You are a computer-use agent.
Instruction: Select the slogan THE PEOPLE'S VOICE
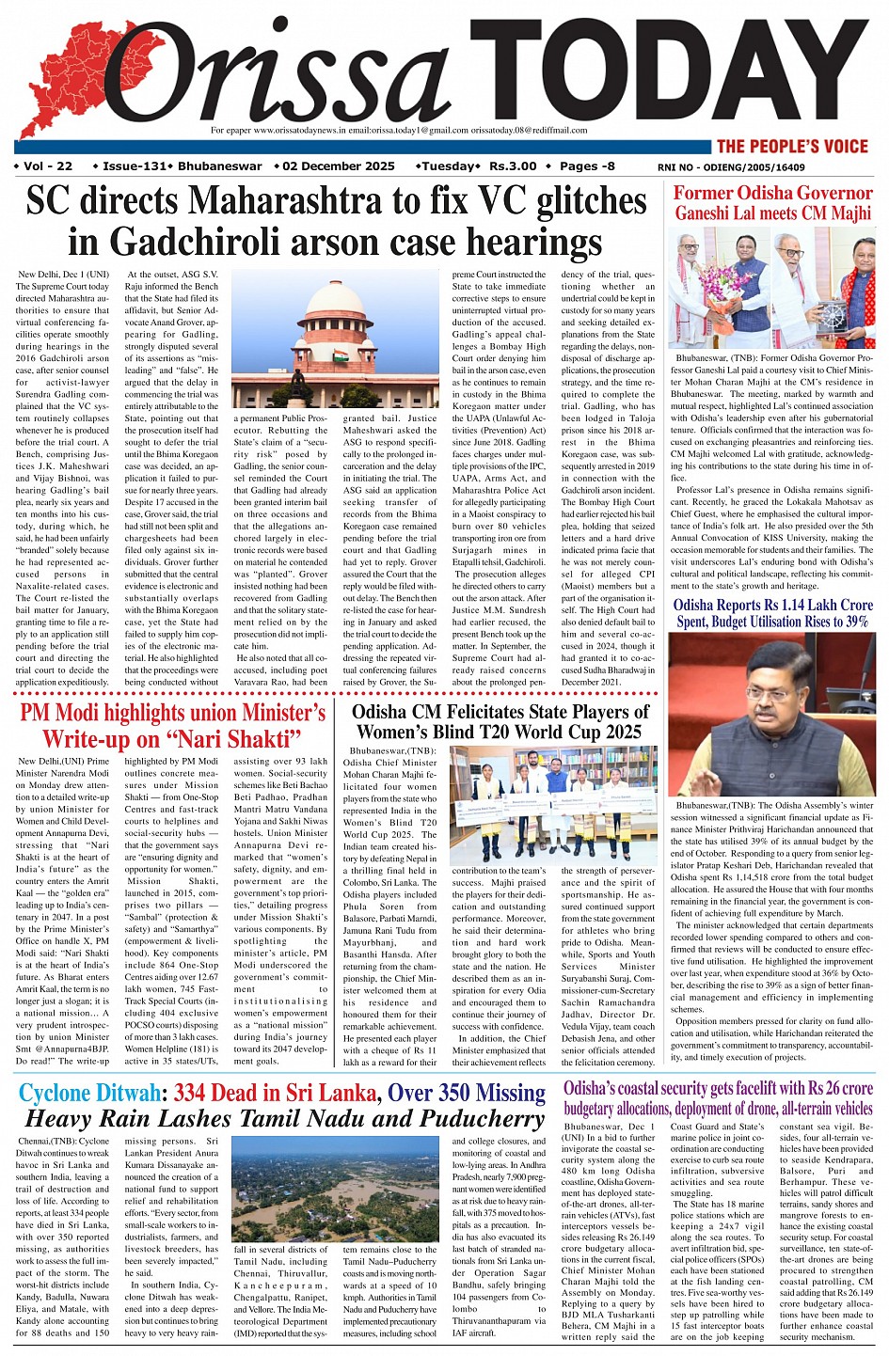pyautogui.click(x=791, y=146)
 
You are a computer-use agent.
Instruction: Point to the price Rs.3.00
pyautogui.click(x=513, y=166)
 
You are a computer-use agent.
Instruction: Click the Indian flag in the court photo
pyautogui.click(x=341, y=357)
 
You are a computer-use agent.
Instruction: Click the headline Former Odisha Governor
pyautogui.click(x=772, y=193)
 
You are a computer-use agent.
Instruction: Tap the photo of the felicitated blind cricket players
pyautogui.click(x=547, y=804)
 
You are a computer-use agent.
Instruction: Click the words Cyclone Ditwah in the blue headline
pyautogui.click(x=89, y=1093)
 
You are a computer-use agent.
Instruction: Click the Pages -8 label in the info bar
pyautogui.click(x=587, y=166)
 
